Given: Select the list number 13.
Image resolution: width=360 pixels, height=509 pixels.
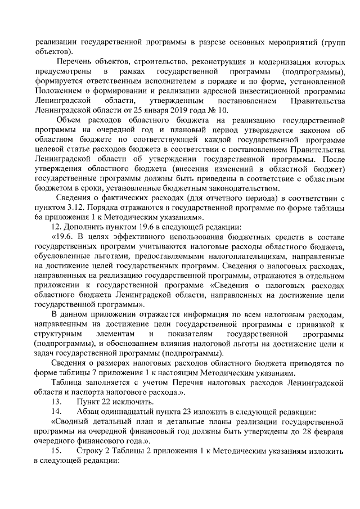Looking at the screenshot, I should (56, 402).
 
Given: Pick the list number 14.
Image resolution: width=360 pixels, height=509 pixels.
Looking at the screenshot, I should (56, 412).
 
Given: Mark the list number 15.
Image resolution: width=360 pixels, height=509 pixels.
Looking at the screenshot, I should (56, 451).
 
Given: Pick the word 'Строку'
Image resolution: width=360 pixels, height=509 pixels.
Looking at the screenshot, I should (90, 451).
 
